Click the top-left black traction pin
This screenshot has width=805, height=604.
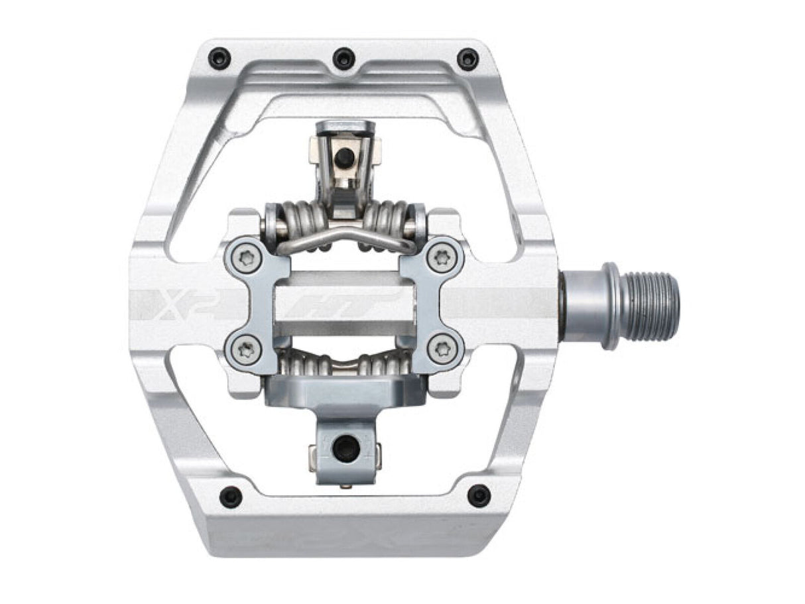pyautogui.click(x=219, y=58)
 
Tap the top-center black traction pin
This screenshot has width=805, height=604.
pyautogui.click(x=343, y=58)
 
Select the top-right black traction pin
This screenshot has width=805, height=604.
pyautogui.click(x=467, y=58)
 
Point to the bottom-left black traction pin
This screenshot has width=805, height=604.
pyautogui.click(x=231, y=495)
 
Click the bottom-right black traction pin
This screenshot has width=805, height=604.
pyautogui.click(x=478, y=495)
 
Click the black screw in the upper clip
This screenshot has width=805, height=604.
pyautogui.click(x=343, y=158)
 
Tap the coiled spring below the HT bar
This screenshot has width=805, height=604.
pyautogui.click(x=345, y=363)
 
